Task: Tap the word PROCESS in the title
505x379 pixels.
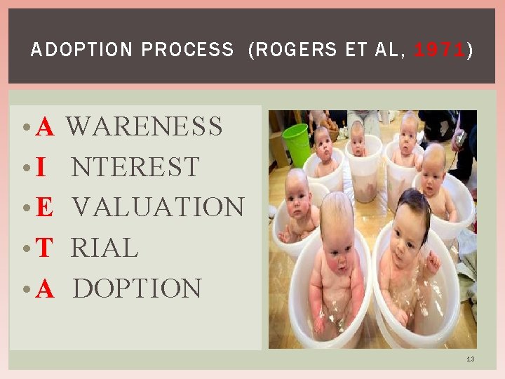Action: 187,50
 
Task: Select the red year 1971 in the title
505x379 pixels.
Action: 440,50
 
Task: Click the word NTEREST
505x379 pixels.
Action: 135,167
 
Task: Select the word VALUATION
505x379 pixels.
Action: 158,207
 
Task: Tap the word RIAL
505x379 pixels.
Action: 105,248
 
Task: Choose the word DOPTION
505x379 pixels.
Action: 137,288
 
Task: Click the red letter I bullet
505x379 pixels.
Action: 41,168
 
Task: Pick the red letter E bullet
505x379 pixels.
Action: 44,208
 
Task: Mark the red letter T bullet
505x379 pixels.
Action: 44,248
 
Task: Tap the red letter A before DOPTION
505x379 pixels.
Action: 45,288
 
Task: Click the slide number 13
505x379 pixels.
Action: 470,359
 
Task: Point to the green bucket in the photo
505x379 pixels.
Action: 297,143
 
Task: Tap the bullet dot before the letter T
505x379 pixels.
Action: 25,248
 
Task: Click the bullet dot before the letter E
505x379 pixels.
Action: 25,208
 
